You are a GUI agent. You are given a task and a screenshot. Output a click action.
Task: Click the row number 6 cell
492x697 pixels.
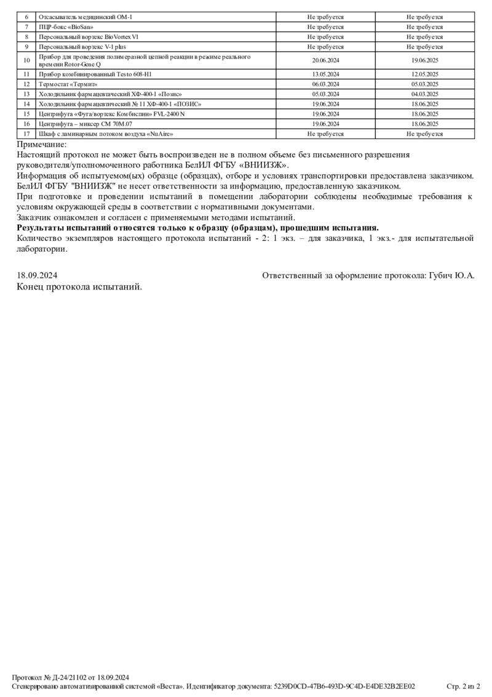click(26, 17)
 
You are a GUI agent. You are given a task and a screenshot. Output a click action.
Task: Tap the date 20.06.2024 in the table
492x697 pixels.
click(325, 61)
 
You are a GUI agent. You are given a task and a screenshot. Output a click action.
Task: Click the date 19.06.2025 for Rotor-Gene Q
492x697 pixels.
click(424, 61)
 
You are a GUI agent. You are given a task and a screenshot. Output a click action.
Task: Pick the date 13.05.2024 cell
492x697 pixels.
click(325, 75)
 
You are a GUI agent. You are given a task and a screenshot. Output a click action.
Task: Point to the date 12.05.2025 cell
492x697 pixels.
click(424, 75)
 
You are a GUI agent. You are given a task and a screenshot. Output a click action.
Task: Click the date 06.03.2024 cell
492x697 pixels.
click(325, 84)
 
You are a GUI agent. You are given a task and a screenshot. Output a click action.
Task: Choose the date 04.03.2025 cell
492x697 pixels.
click(424, 94)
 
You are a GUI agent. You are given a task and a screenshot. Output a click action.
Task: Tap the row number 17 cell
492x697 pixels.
click(26, 134)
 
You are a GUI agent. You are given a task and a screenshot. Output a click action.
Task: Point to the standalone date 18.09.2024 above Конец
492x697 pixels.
click(38, 276)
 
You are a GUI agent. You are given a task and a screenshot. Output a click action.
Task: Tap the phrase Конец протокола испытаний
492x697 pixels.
click(79, 286)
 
